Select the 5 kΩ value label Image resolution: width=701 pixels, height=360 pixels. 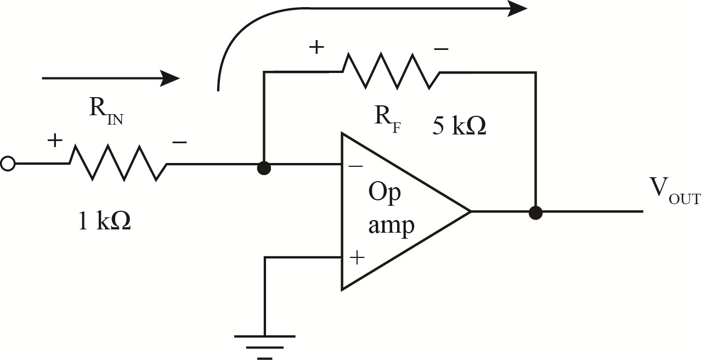459,127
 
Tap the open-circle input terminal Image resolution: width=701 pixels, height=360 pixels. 8,164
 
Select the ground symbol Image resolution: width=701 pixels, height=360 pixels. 264,346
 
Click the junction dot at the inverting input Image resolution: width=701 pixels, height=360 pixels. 264,168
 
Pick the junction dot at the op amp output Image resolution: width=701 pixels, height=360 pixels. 535,212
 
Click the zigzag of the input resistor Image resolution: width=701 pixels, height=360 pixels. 118,163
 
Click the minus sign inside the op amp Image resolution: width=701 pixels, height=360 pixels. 355,165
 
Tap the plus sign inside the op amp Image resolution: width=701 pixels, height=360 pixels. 357,257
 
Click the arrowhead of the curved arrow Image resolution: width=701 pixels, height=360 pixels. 517,8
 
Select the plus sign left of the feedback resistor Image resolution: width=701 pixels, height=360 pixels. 316,47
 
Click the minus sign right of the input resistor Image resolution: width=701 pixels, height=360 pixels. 179,142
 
